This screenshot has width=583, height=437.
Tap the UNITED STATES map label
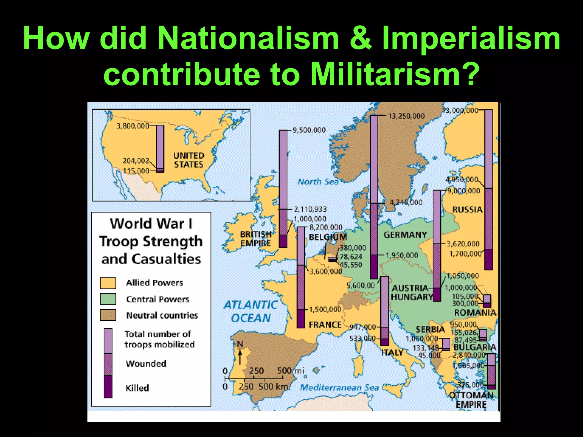coord(189,160)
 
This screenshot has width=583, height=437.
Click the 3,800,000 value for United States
coord(133,126)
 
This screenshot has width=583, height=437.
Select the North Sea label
coord(318,182)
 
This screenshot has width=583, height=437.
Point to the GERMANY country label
coord(405,235)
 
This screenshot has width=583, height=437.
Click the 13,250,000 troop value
coord(406,116)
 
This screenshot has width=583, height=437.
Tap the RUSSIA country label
coord(467,210)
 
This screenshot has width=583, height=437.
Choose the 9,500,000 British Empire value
coord(309,130)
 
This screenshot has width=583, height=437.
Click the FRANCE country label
coord(325,325)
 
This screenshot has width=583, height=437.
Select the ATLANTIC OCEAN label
coord(251,312)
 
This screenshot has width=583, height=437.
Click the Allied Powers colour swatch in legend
coord(108,283)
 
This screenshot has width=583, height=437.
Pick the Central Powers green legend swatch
coord(108,299)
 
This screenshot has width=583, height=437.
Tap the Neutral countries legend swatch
coord(108,315)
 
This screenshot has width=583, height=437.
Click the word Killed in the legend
coord(137,388)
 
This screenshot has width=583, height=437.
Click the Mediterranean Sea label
coord(339,387)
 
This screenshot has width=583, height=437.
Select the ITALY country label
coord(392,353)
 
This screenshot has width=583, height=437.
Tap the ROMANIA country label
coord(475,313)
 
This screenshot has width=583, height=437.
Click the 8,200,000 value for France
coord(326,227)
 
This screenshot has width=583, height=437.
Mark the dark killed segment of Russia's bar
coord(488,259)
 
